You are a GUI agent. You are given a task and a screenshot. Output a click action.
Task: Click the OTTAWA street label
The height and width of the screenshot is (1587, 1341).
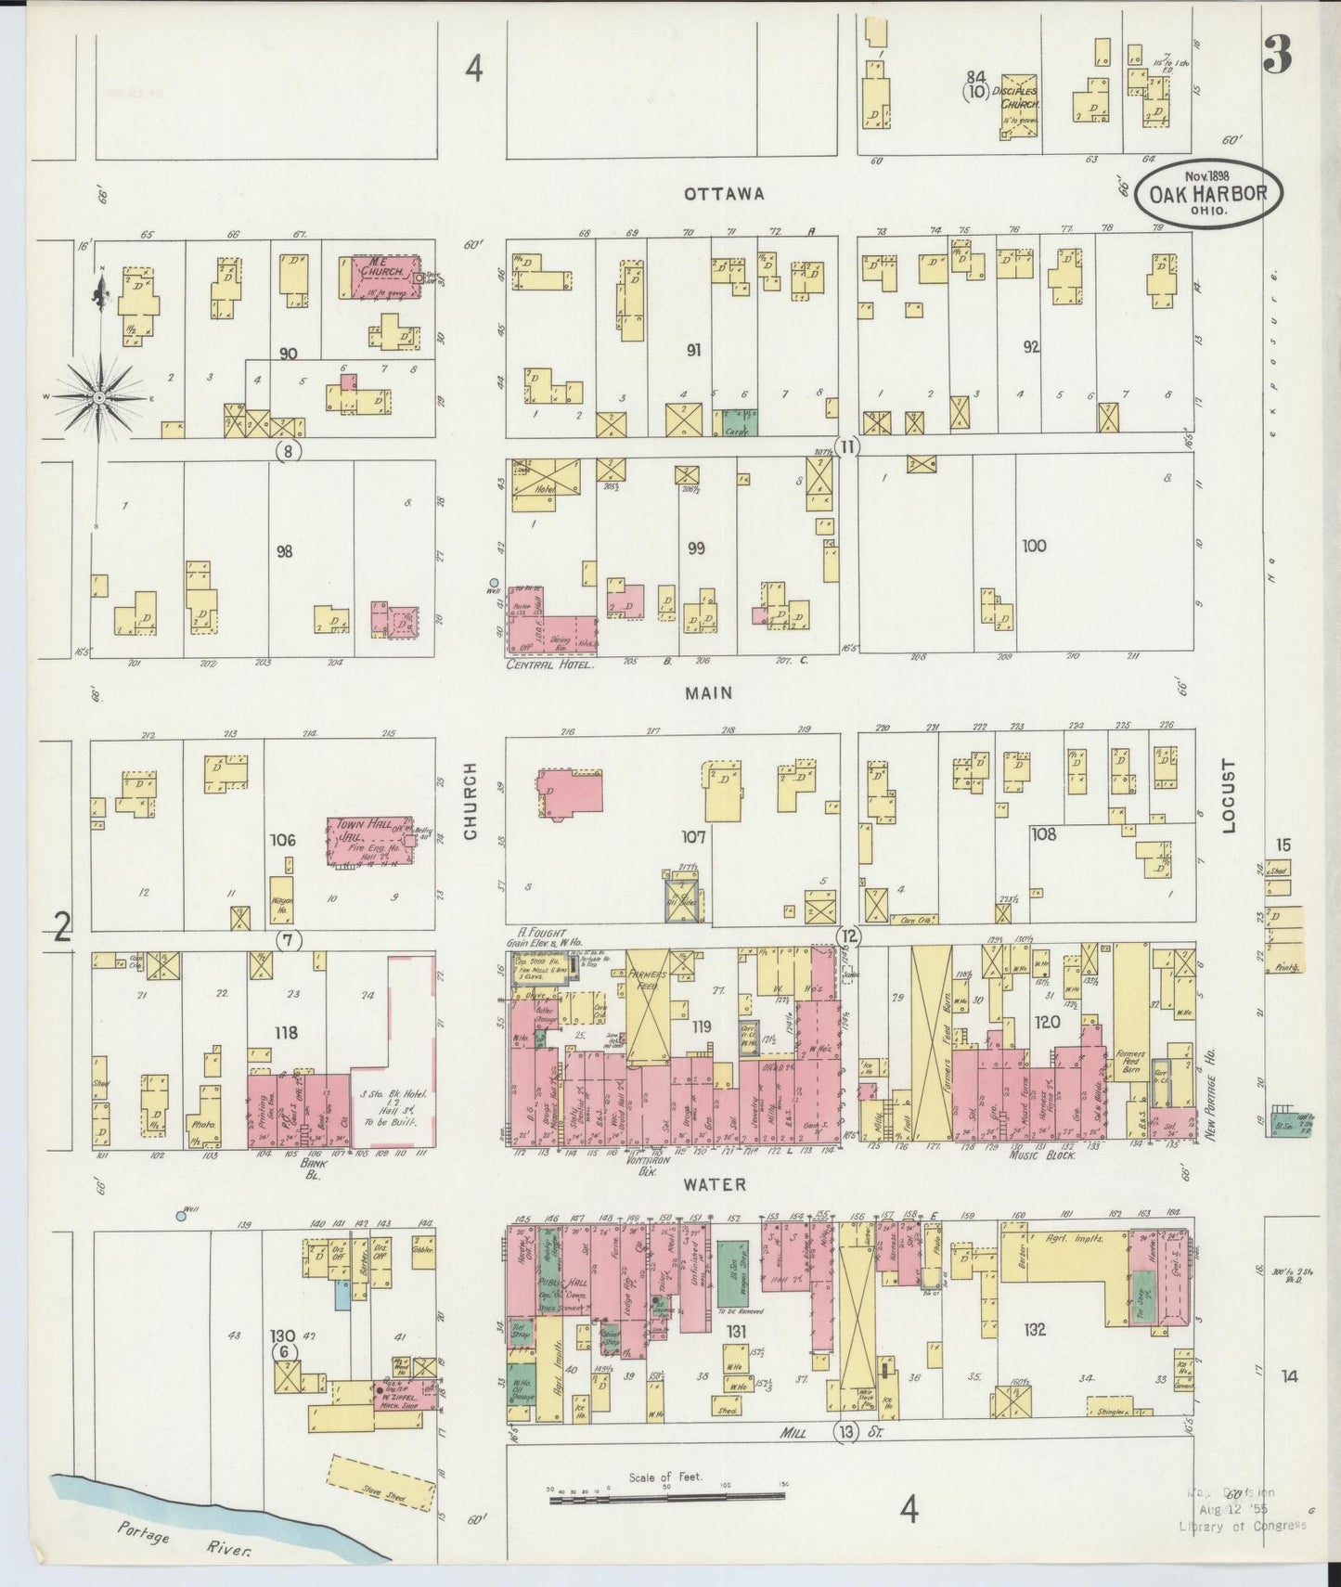tap(724, 194)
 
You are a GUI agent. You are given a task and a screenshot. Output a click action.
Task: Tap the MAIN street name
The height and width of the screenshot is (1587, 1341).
tap(710, 692)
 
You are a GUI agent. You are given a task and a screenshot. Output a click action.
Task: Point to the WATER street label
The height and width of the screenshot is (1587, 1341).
tap(715, 1185)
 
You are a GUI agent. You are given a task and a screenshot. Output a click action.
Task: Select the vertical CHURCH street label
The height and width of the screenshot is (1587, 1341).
tap(471, 802)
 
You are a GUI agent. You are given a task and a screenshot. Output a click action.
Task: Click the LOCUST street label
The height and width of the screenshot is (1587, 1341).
tap(1230, 796)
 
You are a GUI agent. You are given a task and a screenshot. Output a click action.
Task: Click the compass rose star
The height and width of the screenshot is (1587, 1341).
tap(98, 397)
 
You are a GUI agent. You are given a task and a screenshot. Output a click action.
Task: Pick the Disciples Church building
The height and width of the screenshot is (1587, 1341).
tap(1018, 105)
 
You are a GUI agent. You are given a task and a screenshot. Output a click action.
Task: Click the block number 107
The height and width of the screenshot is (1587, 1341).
tap(693, 837)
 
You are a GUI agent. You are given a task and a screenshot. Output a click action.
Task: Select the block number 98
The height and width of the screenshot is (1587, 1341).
tap(284, 551)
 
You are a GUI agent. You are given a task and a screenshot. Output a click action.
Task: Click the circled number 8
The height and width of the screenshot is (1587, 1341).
tap(290, 452)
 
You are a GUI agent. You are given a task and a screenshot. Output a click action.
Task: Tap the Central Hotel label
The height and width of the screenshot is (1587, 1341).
tap(549, 664)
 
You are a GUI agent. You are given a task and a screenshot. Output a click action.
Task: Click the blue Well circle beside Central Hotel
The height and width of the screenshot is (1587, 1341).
tap(494, 582)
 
